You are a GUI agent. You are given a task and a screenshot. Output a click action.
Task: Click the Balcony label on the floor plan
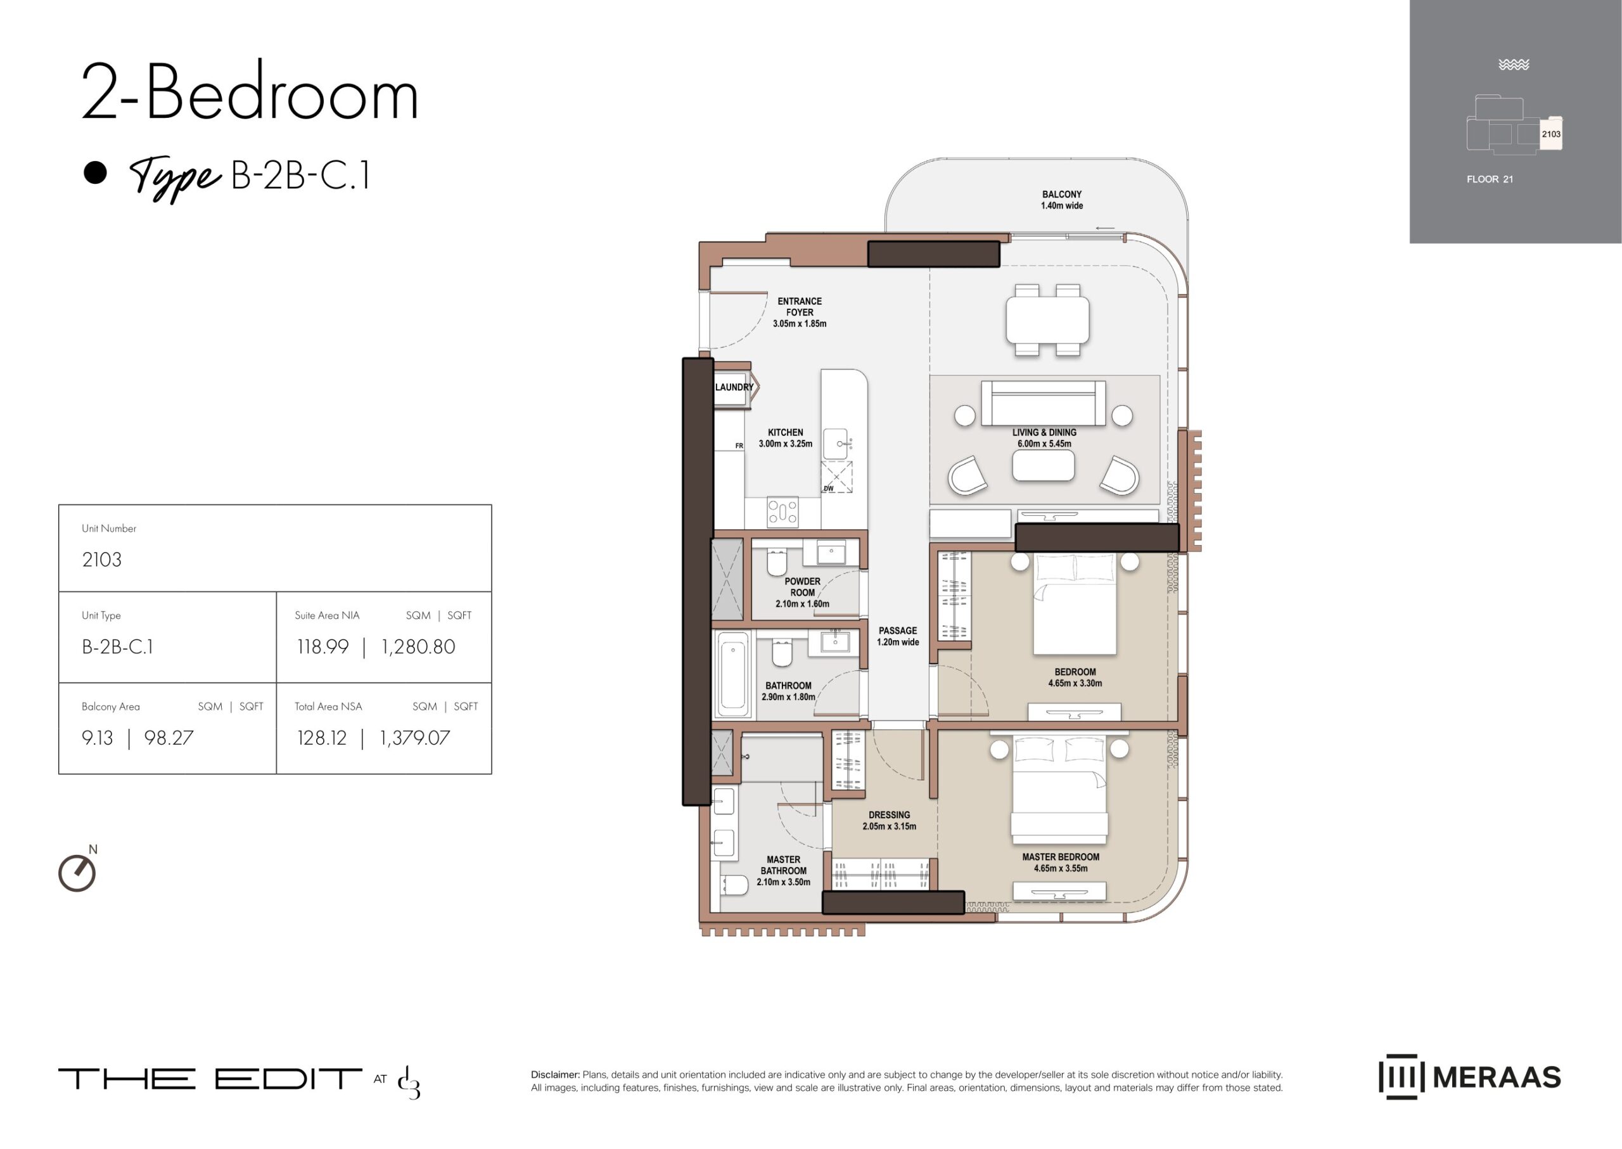[x=1061, y=194]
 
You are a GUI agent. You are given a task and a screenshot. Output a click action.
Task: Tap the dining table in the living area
[x=1047, y=320]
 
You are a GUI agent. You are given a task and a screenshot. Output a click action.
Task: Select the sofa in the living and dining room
[x=1044, y=403]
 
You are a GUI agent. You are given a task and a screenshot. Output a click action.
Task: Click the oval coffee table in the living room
[x=1044, y=466]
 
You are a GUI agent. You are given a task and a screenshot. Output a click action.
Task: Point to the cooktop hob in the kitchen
[x=782, y=511]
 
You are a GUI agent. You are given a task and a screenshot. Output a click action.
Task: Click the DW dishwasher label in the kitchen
[x=828, y=488]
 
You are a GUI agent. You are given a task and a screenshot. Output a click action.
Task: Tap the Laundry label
[x=734, y=387]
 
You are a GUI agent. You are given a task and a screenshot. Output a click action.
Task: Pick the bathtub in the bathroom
[x=733, y=674]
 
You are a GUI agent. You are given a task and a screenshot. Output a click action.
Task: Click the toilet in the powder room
[x=777, y=562]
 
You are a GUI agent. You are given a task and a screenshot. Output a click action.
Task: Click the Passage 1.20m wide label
[x=898, y=636]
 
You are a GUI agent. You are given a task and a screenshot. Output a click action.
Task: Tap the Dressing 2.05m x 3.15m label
[x=889, y=820]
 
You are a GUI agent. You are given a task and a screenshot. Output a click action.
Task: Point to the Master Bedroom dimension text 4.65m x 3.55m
[x=1061, y=868]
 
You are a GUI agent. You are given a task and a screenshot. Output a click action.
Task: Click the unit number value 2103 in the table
[x=102, y=560]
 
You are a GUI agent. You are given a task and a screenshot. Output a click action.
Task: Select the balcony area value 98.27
[x=169, y=738]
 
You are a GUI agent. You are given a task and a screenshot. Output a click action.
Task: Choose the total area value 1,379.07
[x=414, y=738]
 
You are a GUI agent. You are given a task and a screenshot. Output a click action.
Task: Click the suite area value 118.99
[x=322, y=646]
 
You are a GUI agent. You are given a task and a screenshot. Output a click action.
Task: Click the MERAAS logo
[x=1470, y=1077]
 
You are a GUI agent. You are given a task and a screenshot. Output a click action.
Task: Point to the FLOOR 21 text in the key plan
[x=1490, y=179]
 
